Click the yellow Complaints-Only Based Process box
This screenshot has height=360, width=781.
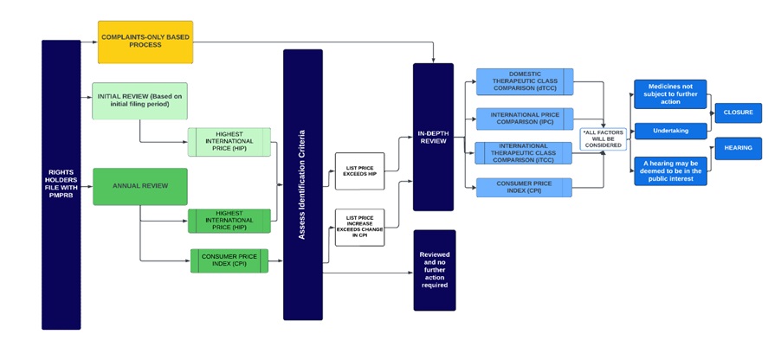(145, 42)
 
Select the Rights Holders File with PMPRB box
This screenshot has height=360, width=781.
(61, 184)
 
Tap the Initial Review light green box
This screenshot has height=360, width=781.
(139, 100)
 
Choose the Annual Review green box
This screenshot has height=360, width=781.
(139, 186)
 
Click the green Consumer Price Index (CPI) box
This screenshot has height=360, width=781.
(229, 260)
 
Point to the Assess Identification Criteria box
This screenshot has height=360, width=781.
(302, 184)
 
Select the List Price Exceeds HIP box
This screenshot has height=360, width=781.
(359, 170)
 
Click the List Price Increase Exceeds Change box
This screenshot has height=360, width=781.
(359, 227)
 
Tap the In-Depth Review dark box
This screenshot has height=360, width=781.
(433, 137)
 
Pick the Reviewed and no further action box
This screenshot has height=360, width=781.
(434, 270)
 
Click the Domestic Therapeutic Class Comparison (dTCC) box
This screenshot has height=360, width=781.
(524, 81)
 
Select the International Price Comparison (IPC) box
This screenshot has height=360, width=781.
(524, 119)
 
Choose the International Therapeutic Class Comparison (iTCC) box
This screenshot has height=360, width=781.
(524, 152)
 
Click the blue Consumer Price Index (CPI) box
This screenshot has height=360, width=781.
(524, 187)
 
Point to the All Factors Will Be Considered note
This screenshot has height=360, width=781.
(603, 138)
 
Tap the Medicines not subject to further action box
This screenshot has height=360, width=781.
(669, 93)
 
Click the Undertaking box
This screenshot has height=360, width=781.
(669, 131)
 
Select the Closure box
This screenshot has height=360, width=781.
(738, 112)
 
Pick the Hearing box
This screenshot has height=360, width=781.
(738, 148)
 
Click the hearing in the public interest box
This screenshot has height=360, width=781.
(669, 170)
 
